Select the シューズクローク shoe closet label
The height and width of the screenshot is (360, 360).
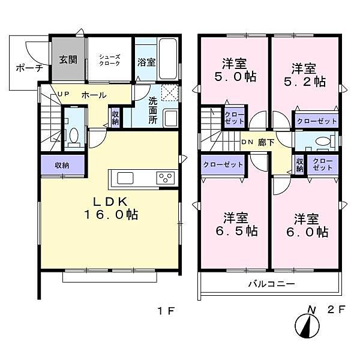[110, 59]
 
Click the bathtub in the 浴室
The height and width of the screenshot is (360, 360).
[167, 59]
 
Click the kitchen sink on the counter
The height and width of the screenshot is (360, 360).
[127, 178]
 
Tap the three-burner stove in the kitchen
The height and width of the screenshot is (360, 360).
[165, 178]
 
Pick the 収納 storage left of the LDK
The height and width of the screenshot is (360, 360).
[61, 165]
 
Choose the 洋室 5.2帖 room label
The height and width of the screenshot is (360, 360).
[305, 74]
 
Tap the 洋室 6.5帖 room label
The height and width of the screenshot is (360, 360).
[235, 223]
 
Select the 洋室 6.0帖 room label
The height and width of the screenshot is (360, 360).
[305, 224]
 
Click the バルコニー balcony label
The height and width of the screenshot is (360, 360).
[271, 284]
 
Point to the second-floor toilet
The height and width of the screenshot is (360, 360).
[321, 142]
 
